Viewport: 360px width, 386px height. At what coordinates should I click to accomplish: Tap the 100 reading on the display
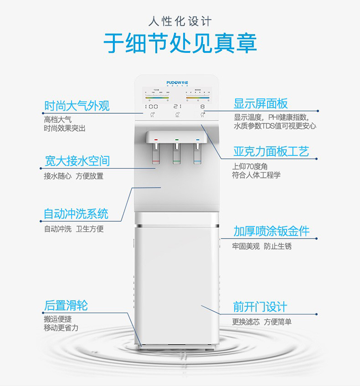point(151,106)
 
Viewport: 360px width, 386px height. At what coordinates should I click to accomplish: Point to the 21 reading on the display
point(177,106)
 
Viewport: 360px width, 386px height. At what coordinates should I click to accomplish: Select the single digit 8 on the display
point(203,106)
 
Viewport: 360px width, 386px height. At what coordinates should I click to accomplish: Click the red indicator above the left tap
point(156,140)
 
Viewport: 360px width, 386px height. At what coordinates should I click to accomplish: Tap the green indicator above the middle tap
point(177,140)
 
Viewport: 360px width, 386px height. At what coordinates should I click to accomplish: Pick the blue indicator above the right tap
point(197,140)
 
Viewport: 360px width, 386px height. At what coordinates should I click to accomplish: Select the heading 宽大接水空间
point(77,160)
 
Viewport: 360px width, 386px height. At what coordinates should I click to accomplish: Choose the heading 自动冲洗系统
point(76,213)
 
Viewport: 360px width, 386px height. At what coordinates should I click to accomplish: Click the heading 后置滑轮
point(66,305)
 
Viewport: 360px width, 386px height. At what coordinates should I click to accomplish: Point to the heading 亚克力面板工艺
point(271,152)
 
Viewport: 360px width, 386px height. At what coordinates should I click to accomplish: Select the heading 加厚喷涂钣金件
point(271,231)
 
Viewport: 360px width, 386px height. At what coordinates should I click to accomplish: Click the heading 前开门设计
point(260,306)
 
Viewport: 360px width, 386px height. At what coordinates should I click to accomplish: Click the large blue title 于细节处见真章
point(180,43)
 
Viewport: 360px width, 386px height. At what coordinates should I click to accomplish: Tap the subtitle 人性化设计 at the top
point(180,22)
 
